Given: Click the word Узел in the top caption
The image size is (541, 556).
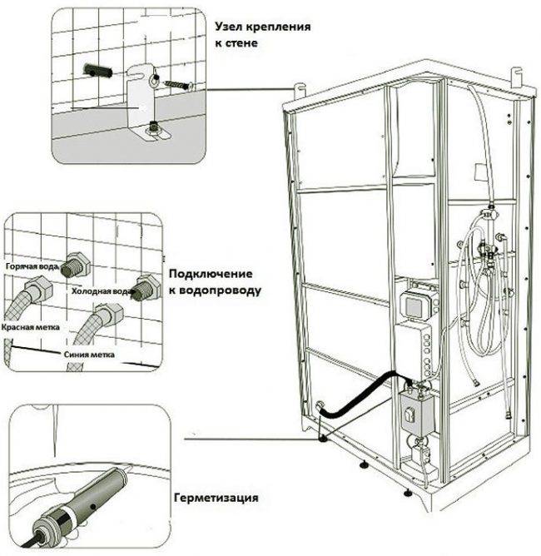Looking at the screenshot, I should (x=231, y=27).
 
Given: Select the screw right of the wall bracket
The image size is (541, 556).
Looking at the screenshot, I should (x=178, y=85).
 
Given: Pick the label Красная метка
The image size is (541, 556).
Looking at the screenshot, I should (x=29, y=327).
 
